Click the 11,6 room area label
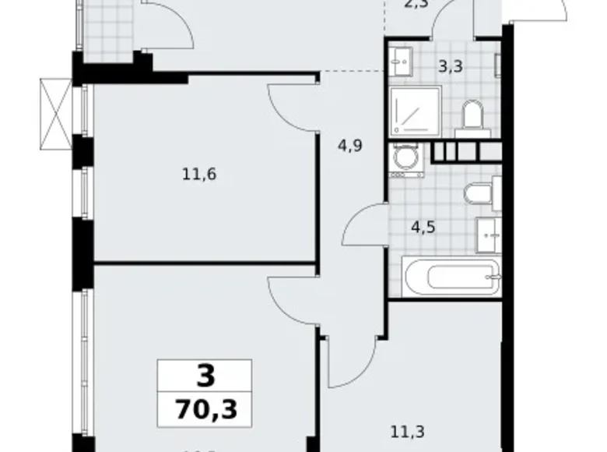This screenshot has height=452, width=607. pyautogui.click(x=198, y=175)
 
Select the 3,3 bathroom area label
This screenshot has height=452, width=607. pyautogui.click(x=451, y=67)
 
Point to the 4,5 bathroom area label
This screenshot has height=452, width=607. pyautogui.click(x=423, y=228)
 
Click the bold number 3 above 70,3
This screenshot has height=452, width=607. pyautogui.click(x=204, y=376)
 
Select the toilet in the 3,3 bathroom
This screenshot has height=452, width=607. pyautogui.click(x=471, y=118)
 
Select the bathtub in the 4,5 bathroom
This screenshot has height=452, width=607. pyautogui.click(x=446, y=277)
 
